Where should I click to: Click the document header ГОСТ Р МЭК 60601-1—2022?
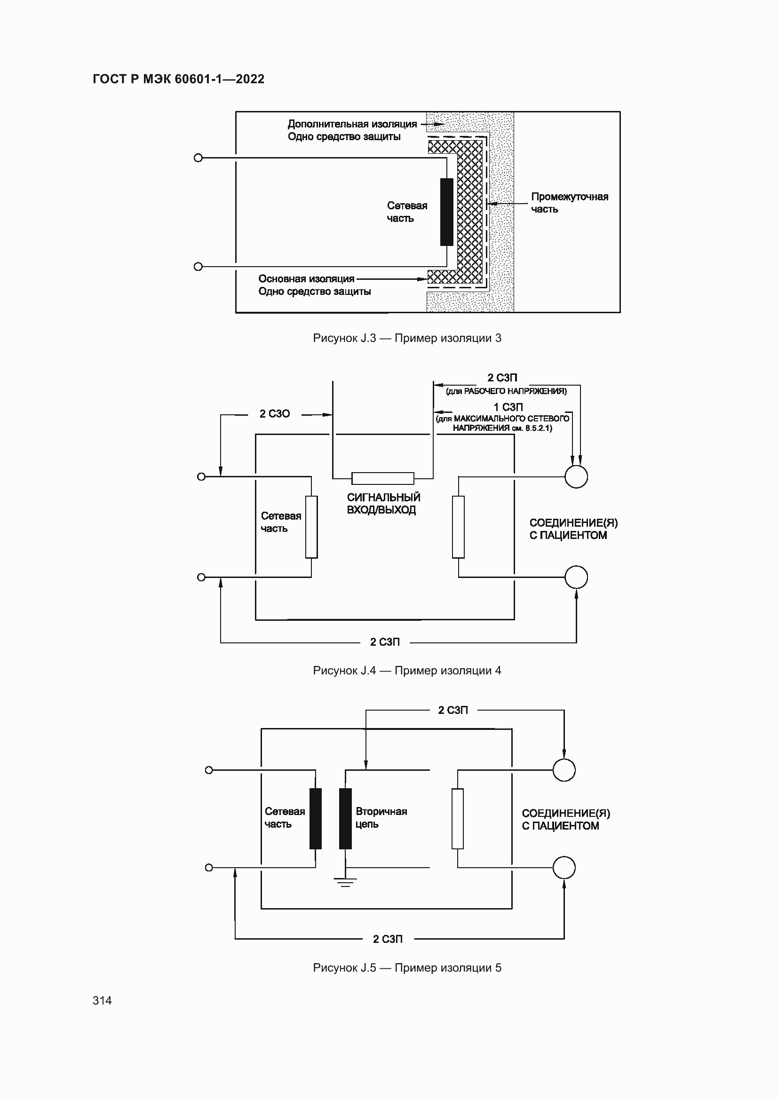178,79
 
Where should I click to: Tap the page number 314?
102,1000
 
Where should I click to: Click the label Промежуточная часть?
569,203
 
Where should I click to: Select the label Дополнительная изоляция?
352,124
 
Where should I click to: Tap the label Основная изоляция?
306,279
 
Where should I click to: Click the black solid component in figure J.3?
446,212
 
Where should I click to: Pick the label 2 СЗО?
275,414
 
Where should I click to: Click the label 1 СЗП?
508,407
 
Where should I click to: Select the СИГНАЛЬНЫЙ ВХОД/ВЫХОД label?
383,504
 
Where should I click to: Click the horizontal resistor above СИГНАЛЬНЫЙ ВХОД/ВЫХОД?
383,478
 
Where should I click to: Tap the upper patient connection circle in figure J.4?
576,477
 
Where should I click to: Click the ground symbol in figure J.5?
345,882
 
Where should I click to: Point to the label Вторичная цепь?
381,818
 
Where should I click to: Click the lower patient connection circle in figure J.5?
564,868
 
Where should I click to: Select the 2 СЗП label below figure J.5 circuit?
388,939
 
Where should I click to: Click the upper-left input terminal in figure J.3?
198,158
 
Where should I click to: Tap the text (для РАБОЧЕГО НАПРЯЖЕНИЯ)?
506,391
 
